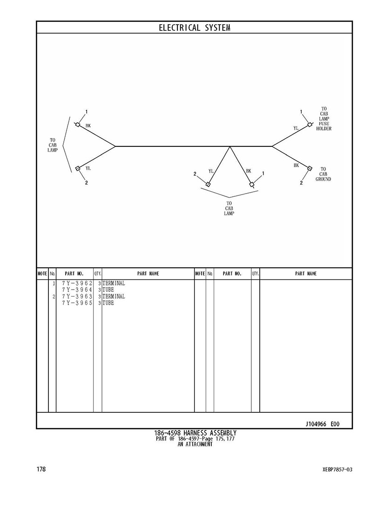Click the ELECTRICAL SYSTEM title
[x=195, y=28]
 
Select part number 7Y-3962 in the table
[x=77, y=283]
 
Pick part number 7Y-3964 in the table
[x=77, y=290]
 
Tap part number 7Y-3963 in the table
[x=77, y=297]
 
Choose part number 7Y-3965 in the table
[x=77, y=303]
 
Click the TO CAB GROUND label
[x=323, y=174]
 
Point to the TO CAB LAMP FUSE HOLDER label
[x=324, y=118]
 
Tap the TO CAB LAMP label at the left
[x=53, y=145]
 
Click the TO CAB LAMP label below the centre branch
[x=229, y=208]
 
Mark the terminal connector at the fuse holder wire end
[x=310, y=125]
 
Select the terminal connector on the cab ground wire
[x=310, y=168]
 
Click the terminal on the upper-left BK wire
[x=77, y=125]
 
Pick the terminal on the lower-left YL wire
[x=77, y=168]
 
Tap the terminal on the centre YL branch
[x=208, y=184]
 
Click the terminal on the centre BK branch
[x=252, y=185]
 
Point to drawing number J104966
[x=316, y=424]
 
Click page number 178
[x=41, y=469]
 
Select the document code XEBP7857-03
[x=337, y=470]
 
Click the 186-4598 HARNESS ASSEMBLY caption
[x=195, y=433]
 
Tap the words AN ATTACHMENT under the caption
[x=195, y=444]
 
